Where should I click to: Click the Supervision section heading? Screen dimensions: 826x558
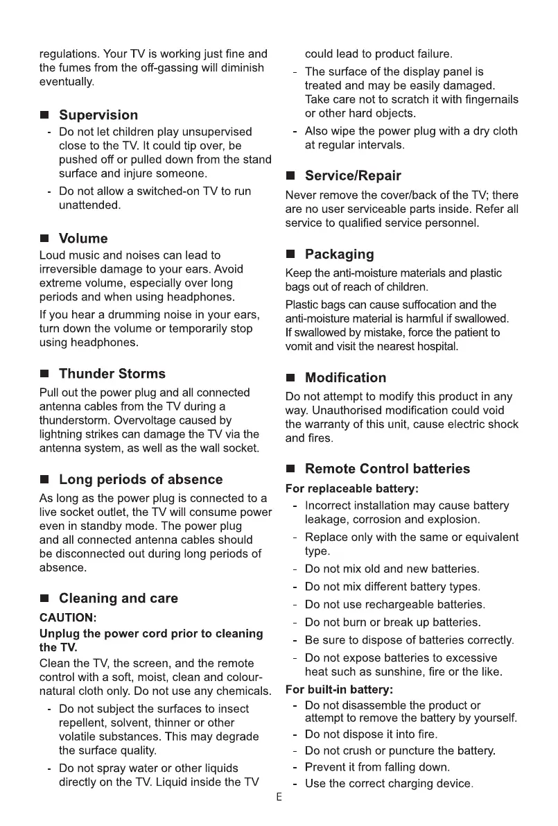pos(98,115)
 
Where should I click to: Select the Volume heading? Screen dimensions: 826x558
pos(83,239)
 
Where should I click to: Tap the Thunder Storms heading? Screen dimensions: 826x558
pos(112,374)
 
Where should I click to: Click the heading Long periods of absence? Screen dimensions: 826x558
pos(141,479)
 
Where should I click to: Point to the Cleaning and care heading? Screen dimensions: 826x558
pos(119,598)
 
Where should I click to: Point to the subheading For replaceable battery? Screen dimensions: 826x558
pos(352,489)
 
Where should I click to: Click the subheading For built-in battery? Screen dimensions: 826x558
pos(340,690)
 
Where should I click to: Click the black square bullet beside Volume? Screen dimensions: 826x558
pos(44,239)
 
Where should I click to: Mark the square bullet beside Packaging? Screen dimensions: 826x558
pos(290,255)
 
